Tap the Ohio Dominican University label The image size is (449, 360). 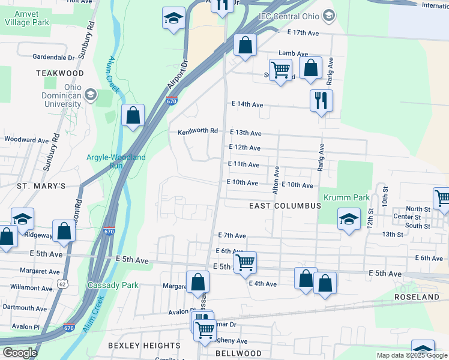pyautogui.click(x=61, y=95)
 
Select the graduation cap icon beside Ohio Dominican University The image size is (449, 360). pyautogui.click(x=90, y=94)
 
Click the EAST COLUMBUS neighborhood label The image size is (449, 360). pyautogui.click(x=286, y=206)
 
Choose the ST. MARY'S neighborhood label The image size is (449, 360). pyautogui.click(x=41, y=186)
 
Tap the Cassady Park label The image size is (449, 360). pyautogui.click(x=113, y=285)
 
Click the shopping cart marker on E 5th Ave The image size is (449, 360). pyautogui.click(x=245, y=262)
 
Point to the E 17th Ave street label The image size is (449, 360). pyautogui.click(x=306, y=32)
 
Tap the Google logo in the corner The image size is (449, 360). pyautogui.click(x=20, y=353)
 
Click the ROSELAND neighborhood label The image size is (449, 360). pyautogui.click(x=417, y=297)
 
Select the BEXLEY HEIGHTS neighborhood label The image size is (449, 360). pyautogui.click(x=144, y=346)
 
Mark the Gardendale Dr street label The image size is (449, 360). pyautogui.click(x=53, y=58)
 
